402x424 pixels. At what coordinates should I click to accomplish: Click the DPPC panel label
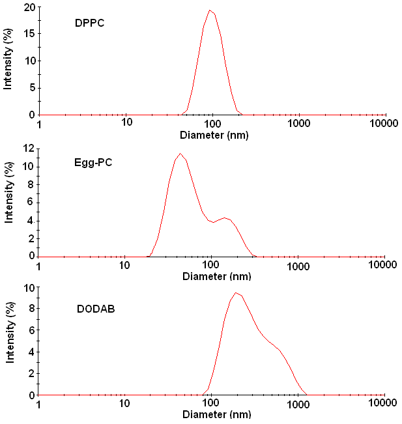tap(89, 23)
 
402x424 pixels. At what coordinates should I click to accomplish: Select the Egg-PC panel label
tap(93, 163)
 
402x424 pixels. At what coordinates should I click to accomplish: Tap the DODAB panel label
tap(96, 309)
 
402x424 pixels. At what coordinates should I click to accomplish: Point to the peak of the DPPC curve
tap(210, 10)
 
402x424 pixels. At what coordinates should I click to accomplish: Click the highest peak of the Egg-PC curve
tap(180, 153)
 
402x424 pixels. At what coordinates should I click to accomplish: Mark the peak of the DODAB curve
tap(236, 292)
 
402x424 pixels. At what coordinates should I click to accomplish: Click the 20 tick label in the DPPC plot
tap(30, 8)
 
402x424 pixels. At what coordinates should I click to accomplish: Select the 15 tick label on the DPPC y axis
tap(30, 33)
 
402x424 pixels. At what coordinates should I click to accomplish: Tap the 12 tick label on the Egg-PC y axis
tap(29, 148)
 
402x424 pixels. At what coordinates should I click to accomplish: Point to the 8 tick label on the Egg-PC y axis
tap(31, 185)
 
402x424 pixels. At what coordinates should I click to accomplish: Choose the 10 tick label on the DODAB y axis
tap(29, 289)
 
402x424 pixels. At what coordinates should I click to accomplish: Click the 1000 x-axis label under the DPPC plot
tap(298, 124)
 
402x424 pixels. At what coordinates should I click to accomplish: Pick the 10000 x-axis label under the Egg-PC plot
tap(382, 264)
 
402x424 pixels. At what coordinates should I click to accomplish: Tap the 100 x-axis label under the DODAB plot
tap(210, 403)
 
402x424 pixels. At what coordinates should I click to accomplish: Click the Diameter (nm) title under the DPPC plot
tap(214, 135)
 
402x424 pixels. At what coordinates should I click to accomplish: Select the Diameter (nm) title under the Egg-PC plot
tap(217, 276)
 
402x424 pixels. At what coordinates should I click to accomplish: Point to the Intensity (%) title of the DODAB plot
tap(10, 333)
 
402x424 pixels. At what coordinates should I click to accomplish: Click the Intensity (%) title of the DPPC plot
tap(8, 59)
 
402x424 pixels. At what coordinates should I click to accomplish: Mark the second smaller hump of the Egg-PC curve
tap(224, 218)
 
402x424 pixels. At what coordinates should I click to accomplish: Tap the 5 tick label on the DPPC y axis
tap(33, 88)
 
